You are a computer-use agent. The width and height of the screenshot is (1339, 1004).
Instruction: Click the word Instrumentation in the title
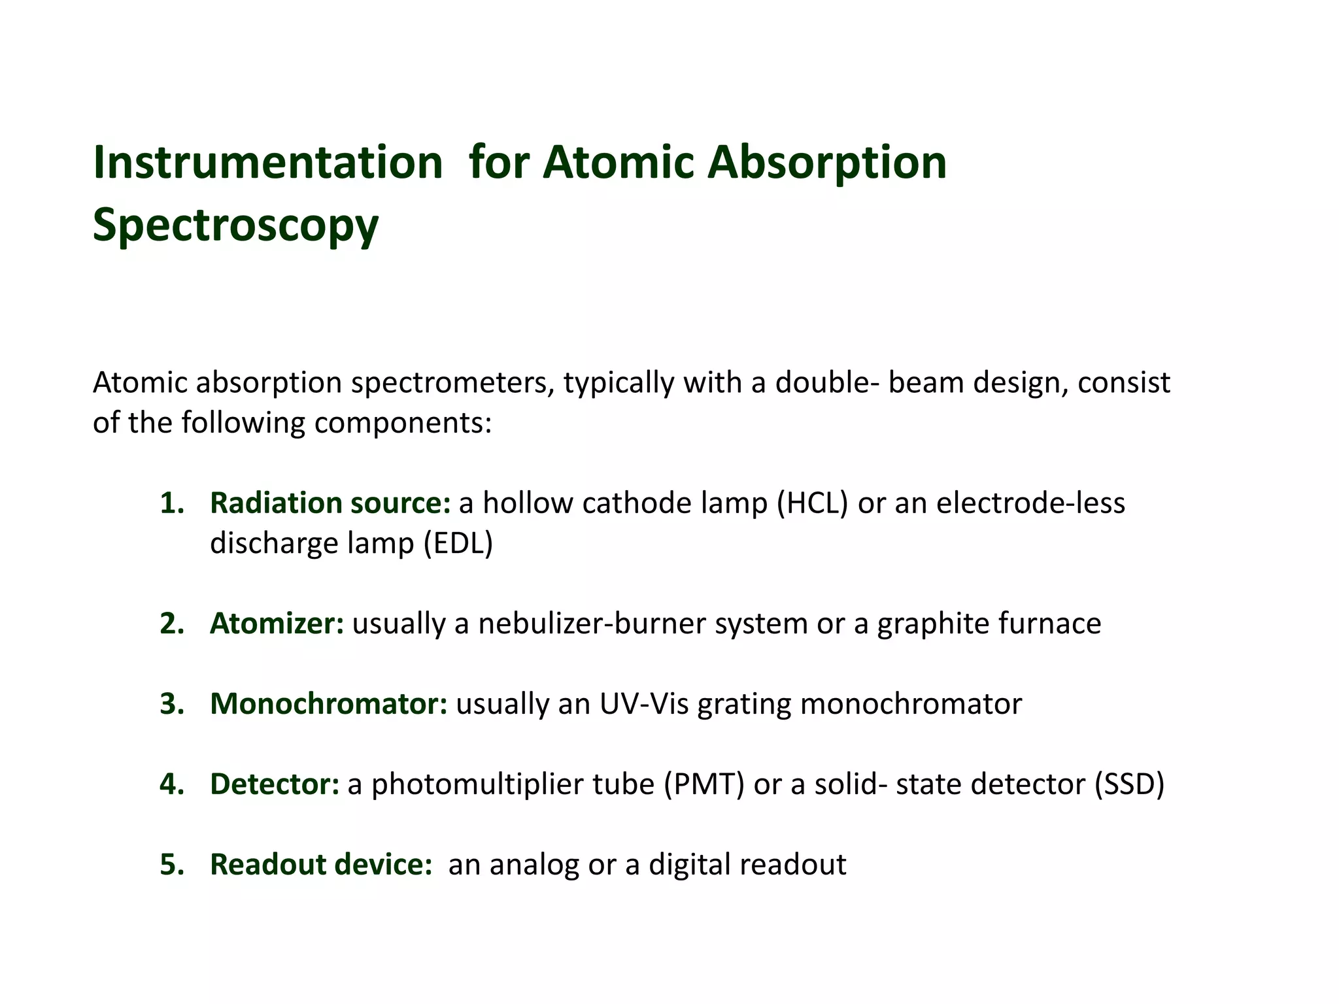(x=268, y=162)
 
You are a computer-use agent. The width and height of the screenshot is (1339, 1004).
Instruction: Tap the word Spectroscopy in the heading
(x=235, y=225)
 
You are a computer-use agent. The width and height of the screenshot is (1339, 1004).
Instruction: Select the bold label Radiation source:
(x=330, y=503)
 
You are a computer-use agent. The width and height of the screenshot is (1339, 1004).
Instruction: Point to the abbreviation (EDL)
(x=458, y=543)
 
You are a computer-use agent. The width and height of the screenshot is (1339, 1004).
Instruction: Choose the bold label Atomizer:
(x=277, y=624)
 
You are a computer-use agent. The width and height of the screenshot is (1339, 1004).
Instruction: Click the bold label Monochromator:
(x=328, y=704)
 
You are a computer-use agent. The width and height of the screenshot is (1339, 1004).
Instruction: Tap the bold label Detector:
(x=275, y=784)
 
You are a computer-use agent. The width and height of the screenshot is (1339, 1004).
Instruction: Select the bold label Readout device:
(x=321, y=864)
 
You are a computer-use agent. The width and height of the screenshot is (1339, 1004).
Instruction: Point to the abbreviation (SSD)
(x=1130, y=784)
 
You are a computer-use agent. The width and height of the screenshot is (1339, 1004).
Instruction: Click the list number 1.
(x=172, y=503)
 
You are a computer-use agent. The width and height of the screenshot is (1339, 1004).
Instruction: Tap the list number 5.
(x=172, y=865)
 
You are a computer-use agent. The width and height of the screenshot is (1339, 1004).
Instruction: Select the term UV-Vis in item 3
(x=644, y=704)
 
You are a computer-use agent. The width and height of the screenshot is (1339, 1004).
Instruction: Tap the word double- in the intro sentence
(x=827, y=382)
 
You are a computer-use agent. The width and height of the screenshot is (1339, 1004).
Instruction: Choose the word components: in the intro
(x=403, y=423)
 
